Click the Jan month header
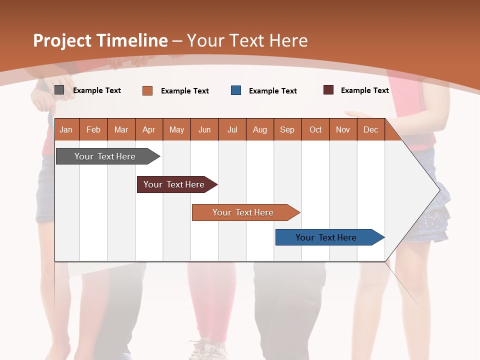point(66,129)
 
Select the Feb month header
point(93,129)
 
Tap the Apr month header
point(148,129)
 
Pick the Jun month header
point(204,129)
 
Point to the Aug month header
point(259,129)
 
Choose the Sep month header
point(287,129)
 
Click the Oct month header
point(315,129)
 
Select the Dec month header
point(370,129)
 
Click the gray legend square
point(59,90)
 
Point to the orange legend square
point(147,90)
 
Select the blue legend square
point(236,90)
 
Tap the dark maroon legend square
point(328,90)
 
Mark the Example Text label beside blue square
point(273,91)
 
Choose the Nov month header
point(343,129)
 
